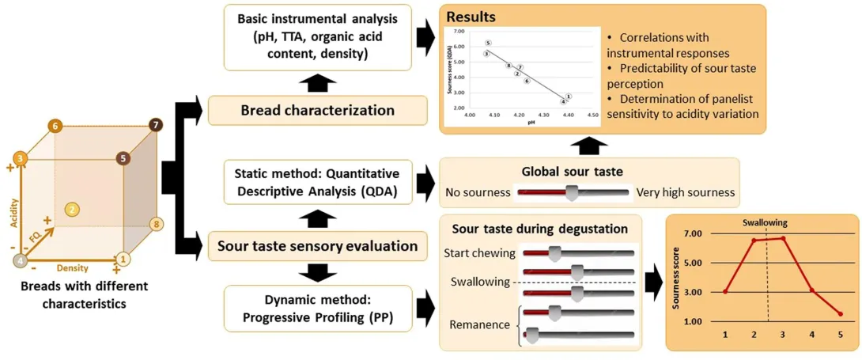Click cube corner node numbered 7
point(156,124)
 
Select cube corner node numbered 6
point(55,126)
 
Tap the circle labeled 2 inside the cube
point(72,210)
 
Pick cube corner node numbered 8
point(156,225)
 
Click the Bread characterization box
point(317,110)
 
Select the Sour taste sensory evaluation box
point(317,245)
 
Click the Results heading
point(471,16)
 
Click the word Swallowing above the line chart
point(765,223)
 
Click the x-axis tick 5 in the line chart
point(841,335)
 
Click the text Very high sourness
point(686,192)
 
